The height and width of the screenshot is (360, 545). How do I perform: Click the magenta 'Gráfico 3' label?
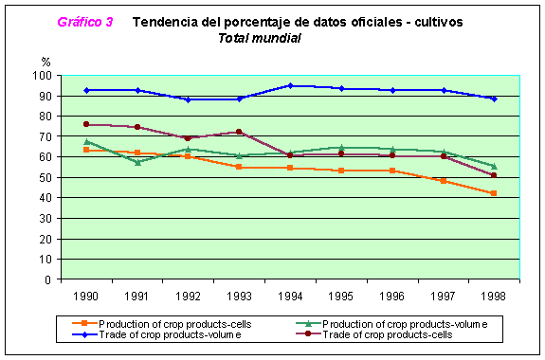(85, 22)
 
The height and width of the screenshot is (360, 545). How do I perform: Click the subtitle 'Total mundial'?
(260, 38)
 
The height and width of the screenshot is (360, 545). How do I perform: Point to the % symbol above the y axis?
(45, 62)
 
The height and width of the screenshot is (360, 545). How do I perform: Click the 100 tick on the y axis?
(42, 76)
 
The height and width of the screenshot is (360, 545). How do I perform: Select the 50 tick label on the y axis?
(45, 177)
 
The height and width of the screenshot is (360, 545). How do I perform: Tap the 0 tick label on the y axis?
(48, 279)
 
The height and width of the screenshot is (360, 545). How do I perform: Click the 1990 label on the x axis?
(86, 297)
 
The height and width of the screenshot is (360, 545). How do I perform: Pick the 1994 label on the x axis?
(290, 297)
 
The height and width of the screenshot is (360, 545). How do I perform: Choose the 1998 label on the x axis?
(494, 297)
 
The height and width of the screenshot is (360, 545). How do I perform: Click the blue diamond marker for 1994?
(290, 86)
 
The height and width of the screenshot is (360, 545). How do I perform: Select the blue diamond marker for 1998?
(494, 99)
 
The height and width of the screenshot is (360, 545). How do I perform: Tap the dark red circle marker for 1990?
(86, 124)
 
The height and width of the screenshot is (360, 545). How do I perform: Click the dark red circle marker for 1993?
(239, 132)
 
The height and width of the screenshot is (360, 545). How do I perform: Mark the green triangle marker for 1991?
(137, 162)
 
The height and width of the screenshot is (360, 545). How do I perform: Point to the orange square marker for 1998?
(494, 193)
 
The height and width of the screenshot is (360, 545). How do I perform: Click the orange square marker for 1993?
(239, 167)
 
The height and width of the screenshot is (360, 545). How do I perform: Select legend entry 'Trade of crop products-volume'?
(156, 334)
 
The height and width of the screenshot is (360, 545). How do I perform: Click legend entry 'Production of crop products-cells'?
(162, 324)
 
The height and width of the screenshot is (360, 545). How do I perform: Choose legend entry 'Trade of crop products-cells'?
(374, 334)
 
